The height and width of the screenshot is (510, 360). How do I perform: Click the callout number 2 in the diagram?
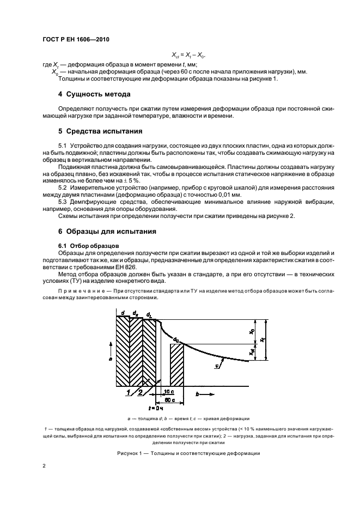tap(141, 392)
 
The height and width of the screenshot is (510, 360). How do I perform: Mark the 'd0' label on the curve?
tap(175, 339)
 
